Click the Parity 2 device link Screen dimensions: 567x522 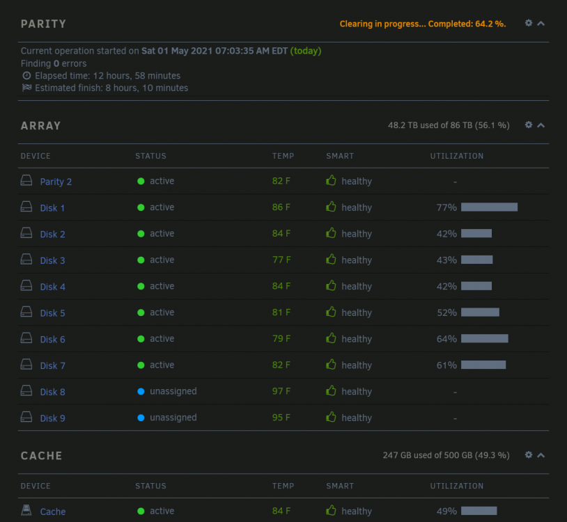56,182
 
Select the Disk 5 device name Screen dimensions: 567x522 52,313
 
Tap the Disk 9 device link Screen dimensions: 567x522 52,418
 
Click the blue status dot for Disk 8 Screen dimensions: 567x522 141,391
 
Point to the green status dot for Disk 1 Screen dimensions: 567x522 141,207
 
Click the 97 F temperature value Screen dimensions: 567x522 281,391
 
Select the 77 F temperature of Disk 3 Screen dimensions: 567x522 281,260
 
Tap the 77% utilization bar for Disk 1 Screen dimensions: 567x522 489,207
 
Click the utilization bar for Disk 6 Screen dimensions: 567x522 485,338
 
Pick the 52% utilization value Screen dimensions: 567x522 446,313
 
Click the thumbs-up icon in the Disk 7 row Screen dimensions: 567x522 331,365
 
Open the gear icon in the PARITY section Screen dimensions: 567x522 529,23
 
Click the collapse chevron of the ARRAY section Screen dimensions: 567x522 541,125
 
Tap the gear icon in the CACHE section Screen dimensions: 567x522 529,454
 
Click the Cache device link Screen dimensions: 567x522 53,512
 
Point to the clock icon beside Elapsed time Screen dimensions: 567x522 26,75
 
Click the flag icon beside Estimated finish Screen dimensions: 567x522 26,88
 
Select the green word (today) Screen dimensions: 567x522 306,51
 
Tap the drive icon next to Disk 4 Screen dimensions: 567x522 26,285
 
